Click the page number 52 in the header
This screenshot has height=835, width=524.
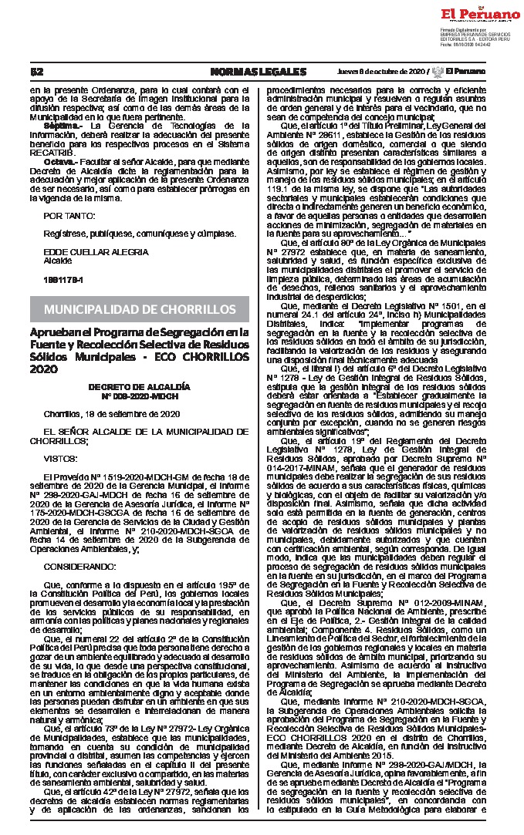(35, 72)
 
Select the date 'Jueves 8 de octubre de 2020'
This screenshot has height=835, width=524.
(381, 72)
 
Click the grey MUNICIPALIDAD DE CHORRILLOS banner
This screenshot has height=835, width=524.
(140, 309)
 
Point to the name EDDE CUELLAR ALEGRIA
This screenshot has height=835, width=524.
(96, 251)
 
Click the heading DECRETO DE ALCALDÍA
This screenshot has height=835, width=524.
(139, 386)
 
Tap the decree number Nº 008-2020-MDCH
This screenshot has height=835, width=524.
(139, 396)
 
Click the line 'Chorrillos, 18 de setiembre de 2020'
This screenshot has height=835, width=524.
(112, 413)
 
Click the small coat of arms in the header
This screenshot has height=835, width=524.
(438, 72)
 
